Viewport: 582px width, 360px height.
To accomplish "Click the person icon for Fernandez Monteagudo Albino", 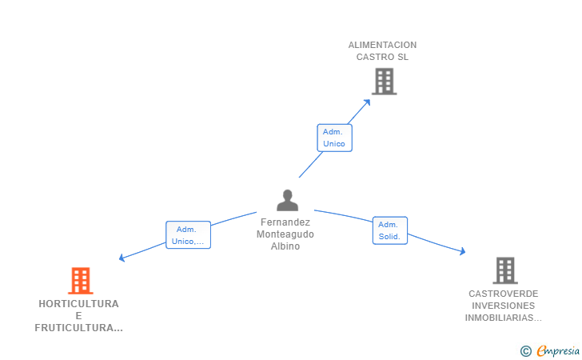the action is pyautogui.click(x=287, y=200).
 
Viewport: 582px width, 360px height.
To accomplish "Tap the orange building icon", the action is pyautogui.click(x=81, y=281).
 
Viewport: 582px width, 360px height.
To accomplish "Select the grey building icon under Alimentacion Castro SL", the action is pyautogui.click(x=385, y=82).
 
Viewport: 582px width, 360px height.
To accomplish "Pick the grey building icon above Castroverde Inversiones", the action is pyautogui.click(x=505, y=270).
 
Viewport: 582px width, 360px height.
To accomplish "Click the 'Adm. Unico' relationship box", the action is pyautogui.click(x=334, y=138).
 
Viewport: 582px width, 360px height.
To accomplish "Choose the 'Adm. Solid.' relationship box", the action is pyautogui.click(x=390, y=230).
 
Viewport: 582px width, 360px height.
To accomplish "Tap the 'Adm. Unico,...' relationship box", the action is pyautogui.click(x=188, y=234).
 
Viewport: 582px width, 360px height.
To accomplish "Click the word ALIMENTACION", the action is pyautogui.click(x=382, y=45).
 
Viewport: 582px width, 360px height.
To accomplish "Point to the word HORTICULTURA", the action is pyautogui.click(x=78, y=304).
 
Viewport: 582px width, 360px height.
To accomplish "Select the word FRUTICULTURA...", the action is pyautogui.click(x=74, y=328).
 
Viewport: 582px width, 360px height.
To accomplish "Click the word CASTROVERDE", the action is pyautogui.click(x=504, y=294).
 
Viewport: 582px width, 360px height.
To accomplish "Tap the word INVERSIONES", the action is pyautogui.click(x=504, y=306).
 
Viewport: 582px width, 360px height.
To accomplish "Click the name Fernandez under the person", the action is pyautogui.click(x=285, y=222).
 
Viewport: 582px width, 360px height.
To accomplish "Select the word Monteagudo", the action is pyautogui.click(x=285, y=234).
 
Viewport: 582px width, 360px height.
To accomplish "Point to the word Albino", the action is pyautogui.click(x=285, y=246).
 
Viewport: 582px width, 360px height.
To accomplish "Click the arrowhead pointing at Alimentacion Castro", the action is pyautogui.click(x=367, y=102).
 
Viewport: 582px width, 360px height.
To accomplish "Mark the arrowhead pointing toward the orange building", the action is pyautogui.click(x=122, y=258).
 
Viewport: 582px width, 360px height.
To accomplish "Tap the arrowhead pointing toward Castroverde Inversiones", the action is pyautogui.click(x=462, y=251).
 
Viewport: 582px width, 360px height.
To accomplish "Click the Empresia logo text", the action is pyautogui.click(x=558, y=350).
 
